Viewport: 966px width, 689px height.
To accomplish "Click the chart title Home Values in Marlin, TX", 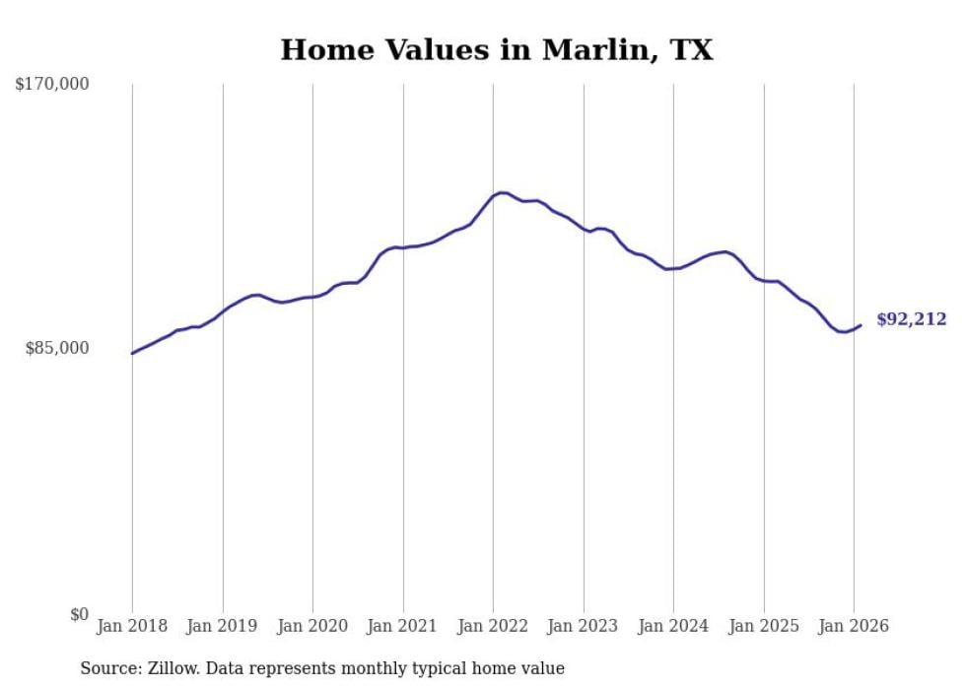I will (x=496, y=50).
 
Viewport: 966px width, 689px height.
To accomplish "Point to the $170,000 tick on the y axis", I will (x=52, y=85).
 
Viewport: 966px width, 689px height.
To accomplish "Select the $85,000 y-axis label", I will (x=57, y=348).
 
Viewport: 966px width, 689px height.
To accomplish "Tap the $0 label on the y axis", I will (x=79, y=614).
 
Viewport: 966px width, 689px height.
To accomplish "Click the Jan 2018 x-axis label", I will (x=132, y=626).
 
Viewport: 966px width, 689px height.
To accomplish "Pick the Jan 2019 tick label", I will (x=223, y=626).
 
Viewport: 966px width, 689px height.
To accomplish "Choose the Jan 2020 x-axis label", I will (x=312, y=626).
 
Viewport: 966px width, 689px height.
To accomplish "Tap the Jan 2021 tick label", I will (x=403, y=626).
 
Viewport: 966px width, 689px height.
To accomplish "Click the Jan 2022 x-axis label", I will (x=493, y=626).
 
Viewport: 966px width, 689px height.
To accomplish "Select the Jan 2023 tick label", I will (x=584, y=626).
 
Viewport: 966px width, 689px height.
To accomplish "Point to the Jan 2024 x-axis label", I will (x=673, y=626).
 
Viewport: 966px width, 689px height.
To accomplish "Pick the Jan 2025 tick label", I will (x=764, y=626).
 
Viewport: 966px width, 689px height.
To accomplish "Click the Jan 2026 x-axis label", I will (x=854, y=626).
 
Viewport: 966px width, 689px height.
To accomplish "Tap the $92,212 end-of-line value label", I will (x=911, y=319).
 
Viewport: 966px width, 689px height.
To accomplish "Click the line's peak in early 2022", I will (x=502, y=192).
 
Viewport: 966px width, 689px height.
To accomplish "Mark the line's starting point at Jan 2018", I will (x=132, y=353).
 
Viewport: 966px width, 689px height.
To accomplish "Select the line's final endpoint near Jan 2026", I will (x=861, y=325).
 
